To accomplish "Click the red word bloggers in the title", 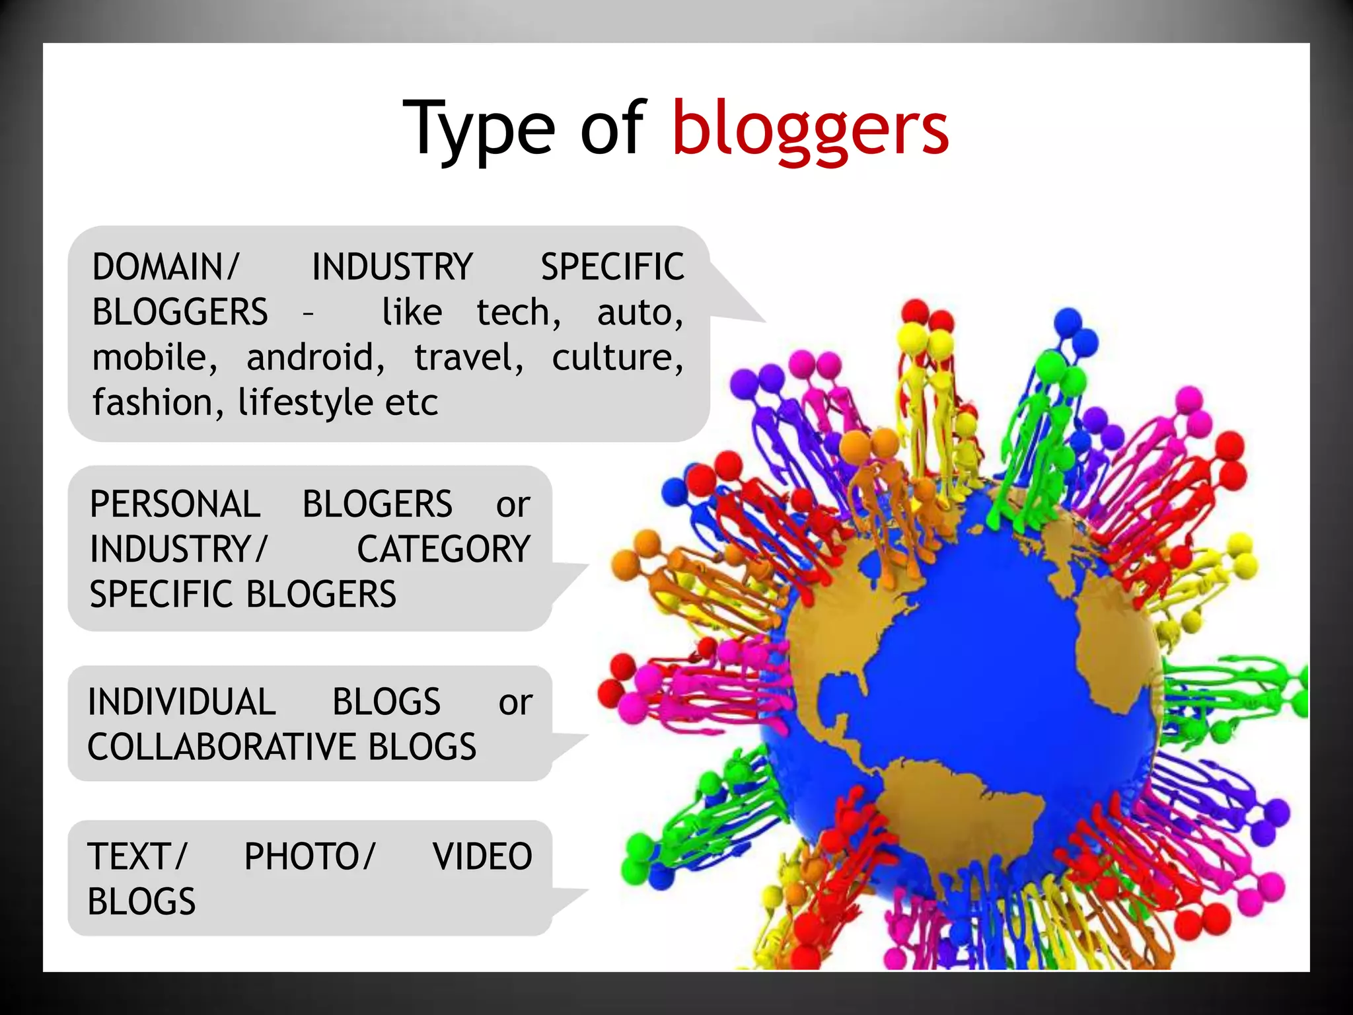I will tap(810, 129).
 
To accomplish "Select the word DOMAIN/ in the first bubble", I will tap(165, 267).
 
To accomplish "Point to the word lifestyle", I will tap(304, 402).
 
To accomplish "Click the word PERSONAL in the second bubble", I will tap(175, 504).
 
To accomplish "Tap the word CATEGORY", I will tap(443, 549).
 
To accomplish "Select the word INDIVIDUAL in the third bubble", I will tap(182, 702).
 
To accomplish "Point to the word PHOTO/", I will tap(309, 856).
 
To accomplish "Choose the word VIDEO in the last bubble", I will tap(482, 856).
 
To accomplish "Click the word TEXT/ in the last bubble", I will tap(137, 856).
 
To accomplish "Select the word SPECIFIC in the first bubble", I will tap(612, 267).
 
